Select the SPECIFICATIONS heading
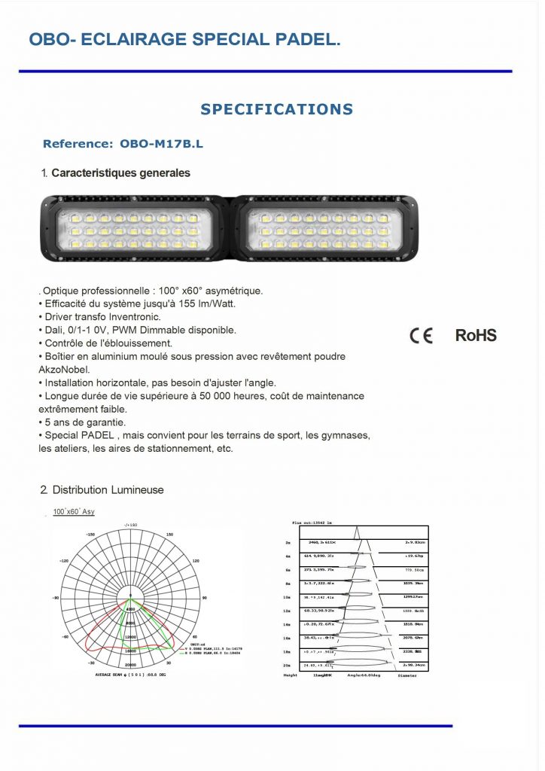(276, 109)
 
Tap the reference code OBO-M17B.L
(161, 143)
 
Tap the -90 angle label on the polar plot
(55, 598)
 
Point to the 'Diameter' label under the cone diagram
(407, 676)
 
